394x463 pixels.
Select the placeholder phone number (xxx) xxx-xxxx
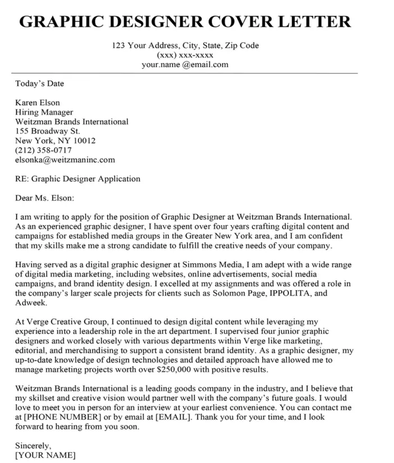coord(185,55)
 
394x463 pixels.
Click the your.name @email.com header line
coord(185,65)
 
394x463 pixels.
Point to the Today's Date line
coord(40,84)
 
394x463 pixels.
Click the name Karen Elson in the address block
coord(37,103)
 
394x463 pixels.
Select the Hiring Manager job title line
coord(44,112)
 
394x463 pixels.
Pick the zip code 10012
coord(84,140)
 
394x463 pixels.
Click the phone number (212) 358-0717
coord(44,150)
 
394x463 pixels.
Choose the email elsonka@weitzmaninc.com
coord(65,159)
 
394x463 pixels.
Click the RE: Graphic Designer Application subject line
coord(78,179)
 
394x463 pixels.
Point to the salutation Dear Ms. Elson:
coord(45,198)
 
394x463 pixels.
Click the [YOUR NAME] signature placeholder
coord(45,455)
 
